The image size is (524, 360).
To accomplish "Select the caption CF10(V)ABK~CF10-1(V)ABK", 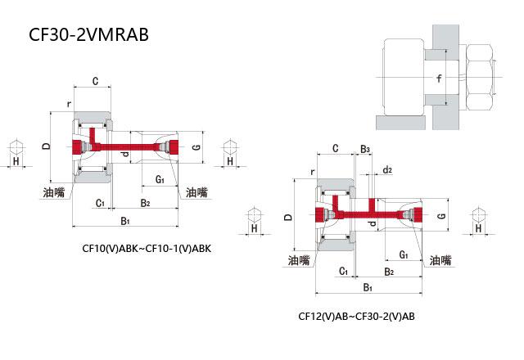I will click(147, 249).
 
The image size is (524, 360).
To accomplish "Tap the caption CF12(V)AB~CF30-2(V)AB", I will click(357, 315).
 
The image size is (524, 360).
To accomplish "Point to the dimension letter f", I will click(440, 79).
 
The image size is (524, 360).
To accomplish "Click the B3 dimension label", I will click(365, 149).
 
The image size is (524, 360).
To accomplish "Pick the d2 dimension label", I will click(387, 170).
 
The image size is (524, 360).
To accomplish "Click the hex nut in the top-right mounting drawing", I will click(478, 79).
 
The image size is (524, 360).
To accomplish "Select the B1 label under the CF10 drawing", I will click(125, 221).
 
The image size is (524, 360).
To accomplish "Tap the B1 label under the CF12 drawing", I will click(368, 287).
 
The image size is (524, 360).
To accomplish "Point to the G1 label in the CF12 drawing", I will click(404, 254).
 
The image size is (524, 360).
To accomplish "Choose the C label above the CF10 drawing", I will click(95, 81).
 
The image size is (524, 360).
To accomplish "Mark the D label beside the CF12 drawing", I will click(287, 218).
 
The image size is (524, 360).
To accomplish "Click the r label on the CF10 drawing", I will click(69, 105).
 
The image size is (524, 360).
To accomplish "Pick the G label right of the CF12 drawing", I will click(441, 216).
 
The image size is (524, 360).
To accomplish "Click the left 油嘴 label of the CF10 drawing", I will click(55, 192).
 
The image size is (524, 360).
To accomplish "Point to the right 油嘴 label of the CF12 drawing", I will click(441, 260).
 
